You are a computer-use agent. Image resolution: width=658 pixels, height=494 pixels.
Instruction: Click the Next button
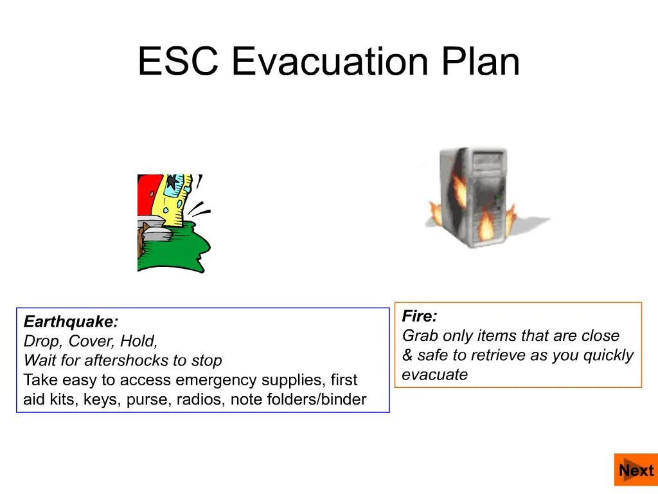point(636,470)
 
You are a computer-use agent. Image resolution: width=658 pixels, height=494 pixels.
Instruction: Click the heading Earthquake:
point(71,322)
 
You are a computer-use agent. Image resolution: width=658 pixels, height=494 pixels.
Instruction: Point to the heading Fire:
point(420,316)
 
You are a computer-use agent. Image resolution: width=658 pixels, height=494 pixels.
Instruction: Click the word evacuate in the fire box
point(435,375)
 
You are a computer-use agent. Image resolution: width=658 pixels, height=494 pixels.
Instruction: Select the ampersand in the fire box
point(407,356)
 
